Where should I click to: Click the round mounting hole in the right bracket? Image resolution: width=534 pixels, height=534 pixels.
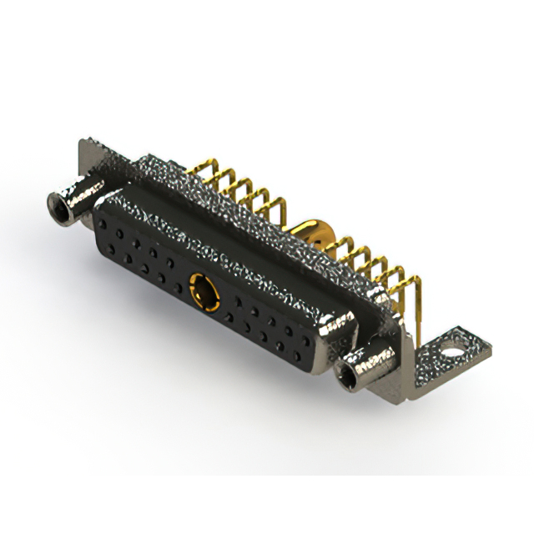(x=452, y=341)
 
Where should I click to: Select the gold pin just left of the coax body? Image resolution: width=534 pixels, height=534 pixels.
(x=280, y=209)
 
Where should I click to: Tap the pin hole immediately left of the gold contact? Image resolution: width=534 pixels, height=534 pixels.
(x=177, y=288)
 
